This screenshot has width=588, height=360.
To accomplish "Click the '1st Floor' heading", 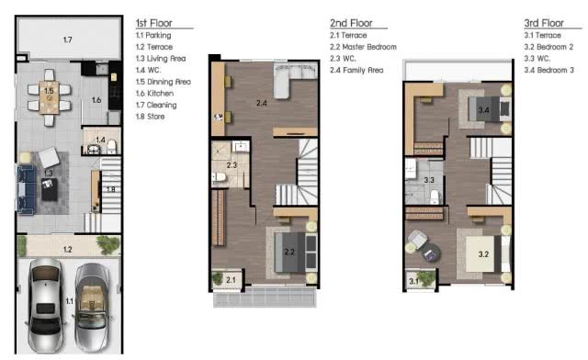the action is point(153,23).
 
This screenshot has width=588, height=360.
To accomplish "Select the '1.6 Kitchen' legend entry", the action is point(154,94).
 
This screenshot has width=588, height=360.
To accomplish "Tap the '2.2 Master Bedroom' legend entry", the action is point(363,47).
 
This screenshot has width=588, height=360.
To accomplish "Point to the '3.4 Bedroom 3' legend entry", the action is point(549,70).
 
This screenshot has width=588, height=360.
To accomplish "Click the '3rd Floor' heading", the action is point(544,23).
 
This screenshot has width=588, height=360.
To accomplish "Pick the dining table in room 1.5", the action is point(49,97).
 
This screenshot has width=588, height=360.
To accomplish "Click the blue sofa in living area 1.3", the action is point(27,189).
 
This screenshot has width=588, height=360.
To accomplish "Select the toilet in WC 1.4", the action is point(112,147).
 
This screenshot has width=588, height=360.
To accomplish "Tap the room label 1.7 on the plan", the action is point(67,39).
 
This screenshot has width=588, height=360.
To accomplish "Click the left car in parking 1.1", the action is point(45,305).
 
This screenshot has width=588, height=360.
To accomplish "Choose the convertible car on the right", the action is point(93,307).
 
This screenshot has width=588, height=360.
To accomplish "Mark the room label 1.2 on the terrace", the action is point(67,250).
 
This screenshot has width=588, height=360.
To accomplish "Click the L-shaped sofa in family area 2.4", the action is point(294,79).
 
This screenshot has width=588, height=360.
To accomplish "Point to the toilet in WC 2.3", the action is point(219,177).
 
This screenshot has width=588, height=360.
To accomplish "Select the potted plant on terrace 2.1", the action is point(218,278).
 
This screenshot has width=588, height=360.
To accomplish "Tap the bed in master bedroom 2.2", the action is point(296,252).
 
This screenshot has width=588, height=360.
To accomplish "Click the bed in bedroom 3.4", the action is point(490,109).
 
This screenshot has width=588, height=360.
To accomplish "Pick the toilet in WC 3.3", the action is point(435,197).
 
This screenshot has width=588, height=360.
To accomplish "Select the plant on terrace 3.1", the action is point(426,278).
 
